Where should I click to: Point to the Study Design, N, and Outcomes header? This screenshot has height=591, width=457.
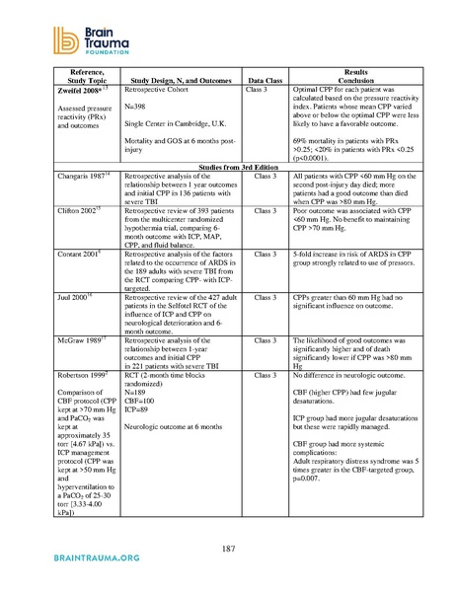[x=178, y=100]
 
